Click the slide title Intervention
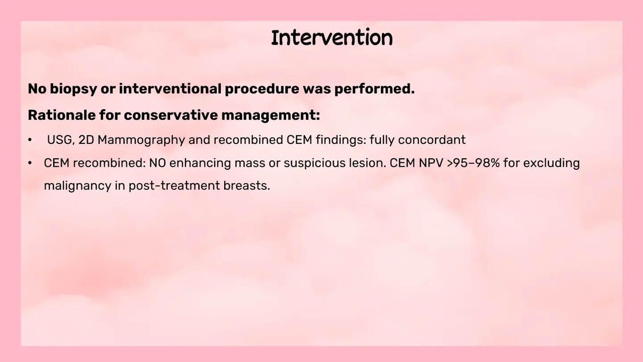pos(332,38)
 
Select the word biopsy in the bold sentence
pos(74,89)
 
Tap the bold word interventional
pos(170,88)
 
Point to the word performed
pos(375,89)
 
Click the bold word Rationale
pos(62,115)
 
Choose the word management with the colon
pos(271,115)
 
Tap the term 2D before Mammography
pos(87,140)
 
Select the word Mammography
pos(141,140)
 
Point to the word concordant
pos(432,140)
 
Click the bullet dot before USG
pos(30,140)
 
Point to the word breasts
pos(247,185)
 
